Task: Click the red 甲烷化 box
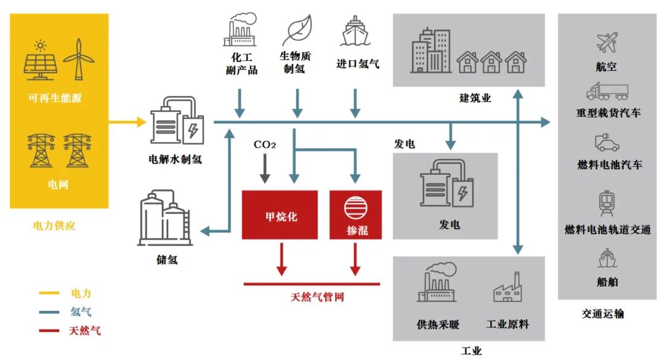point(280,215)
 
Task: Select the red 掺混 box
point(355,215)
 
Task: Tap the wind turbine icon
point(78,59)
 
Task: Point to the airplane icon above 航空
point(607,42)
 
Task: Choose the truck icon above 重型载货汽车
point(607,92)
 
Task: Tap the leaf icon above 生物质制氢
point(297,30)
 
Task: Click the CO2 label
point(265,145)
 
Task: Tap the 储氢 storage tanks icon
point(166,218)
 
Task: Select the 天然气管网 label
point(317,297)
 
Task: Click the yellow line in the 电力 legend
point(49,293)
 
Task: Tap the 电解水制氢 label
point(175,159)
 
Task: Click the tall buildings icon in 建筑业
point(431,51)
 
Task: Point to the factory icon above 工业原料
point(507,287)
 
